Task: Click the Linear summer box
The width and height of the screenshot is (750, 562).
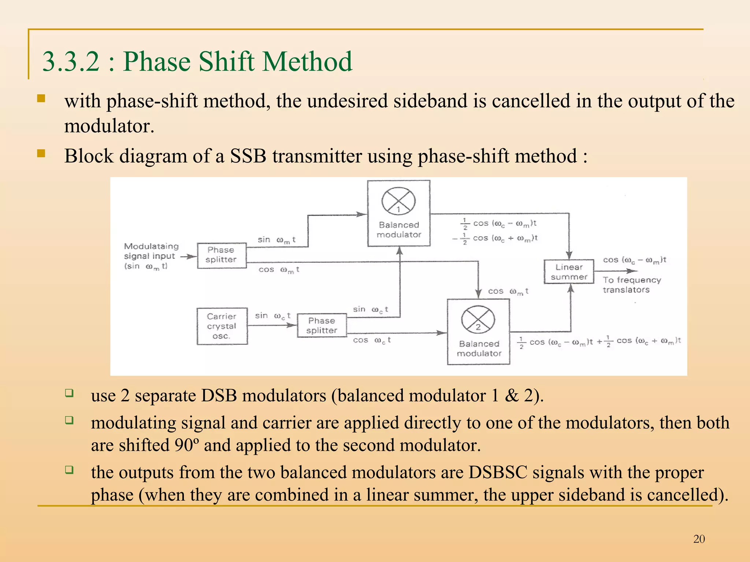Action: point(568,272)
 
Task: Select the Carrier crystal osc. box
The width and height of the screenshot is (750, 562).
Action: point(222,326)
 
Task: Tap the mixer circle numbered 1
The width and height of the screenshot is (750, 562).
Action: point(398,201)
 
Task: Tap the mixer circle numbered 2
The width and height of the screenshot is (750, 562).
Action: point(478,319)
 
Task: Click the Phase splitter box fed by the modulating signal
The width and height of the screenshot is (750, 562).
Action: point(222,255)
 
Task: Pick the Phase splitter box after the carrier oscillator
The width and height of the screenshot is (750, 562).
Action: point(322,325)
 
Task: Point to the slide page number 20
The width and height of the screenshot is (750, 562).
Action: point(699,539)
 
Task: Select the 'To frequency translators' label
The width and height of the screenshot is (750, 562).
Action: point(631,285)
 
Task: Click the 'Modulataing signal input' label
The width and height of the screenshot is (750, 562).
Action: point(151,251)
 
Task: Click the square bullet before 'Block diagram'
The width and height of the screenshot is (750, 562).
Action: point(41,153)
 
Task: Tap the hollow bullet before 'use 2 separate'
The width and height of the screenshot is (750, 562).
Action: point(69,393)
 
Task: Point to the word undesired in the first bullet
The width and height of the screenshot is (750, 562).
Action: point(347,101)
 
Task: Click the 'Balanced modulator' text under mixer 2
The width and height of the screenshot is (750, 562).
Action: point(479,349)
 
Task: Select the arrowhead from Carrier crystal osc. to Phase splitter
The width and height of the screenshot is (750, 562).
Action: point(292,325)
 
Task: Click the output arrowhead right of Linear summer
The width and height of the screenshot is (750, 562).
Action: point(632,271)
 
